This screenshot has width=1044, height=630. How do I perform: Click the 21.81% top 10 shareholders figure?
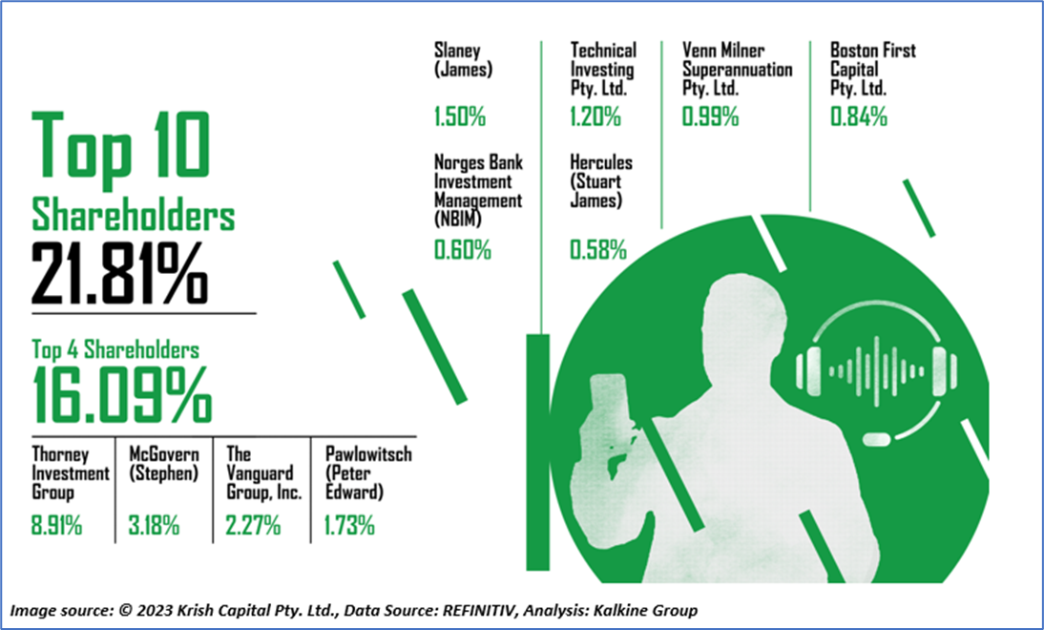[120, 273]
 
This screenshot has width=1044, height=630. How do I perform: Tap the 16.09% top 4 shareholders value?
[122, 395]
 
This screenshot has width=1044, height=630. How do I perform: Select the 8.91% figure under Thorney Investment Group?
[56, 525]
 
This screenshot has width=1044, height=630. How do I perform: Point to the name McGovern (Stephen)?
[164, 464]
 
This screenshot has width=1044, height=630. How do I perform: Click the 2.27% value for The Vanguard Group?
[253, 525]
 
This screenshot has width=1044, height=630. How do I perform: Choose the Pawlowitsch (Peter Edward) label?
[368, 472]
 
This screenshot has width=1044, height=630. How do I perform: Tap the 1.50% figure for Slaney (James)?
[460, 116]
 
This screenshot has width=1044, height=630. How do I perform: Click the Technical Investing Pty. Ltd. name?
[603, 69]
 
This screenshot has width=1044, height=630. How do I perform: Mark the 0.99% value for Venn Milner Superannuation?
[710, 116]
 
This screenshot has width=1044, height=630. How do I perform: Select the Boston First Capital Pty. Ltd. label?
[873, 69]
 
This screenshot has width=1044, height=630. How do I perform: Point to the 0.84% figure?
[859, 116]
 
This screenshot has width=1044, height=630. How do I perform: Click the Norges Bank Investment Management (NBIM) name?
[479, 191]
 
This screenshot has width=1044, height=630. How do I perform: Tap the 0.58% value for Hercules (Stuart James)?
[598, 250]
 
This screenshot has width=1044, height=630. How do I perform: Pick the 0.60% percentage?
[463, 250]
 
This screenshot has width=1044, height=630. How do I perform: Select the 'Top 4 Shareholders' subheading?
[115, 349]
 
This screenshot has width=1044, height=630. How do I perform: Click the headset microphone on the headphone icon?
[878, 439]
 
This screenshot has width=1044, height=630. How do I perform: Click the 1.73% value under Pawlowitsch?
[349, 525]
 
